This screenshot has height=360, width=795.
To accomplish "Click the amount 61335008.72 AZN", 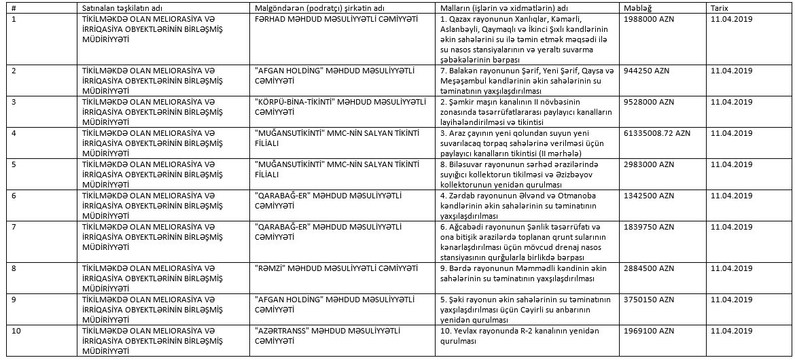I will (x=656, y=133).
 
